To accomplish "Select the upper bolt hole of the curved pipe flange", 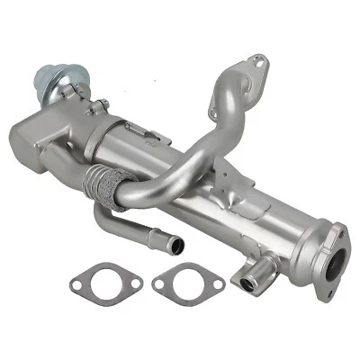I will [260, 62].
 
